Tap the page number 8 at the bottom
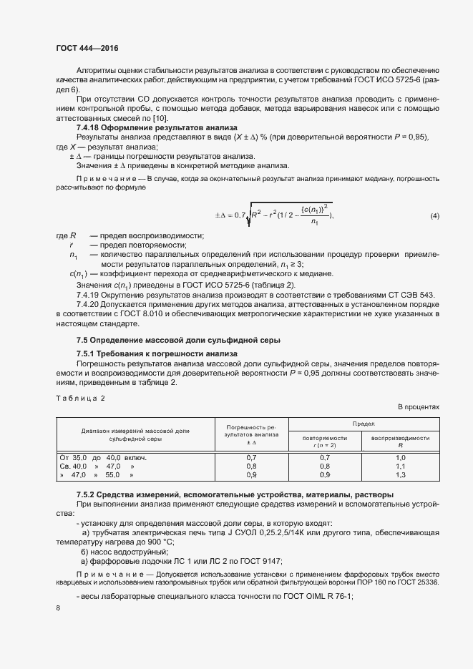click(x=58, y=607)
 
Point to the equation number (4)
click(x=434, y=215)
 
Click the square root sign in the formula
click(x=248, y=215)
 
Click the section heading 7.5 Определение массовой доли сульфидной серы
click(x=178, y=338)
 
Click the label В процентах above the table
click(x=419, y=407)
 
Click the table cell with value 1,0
click(x=400, y=456)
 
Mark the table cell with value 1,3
click(x=400, y=474)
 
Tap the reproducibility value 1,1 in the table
click(x=400, y=466)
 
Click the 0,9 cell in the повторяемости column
click(x=325, y=474)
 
